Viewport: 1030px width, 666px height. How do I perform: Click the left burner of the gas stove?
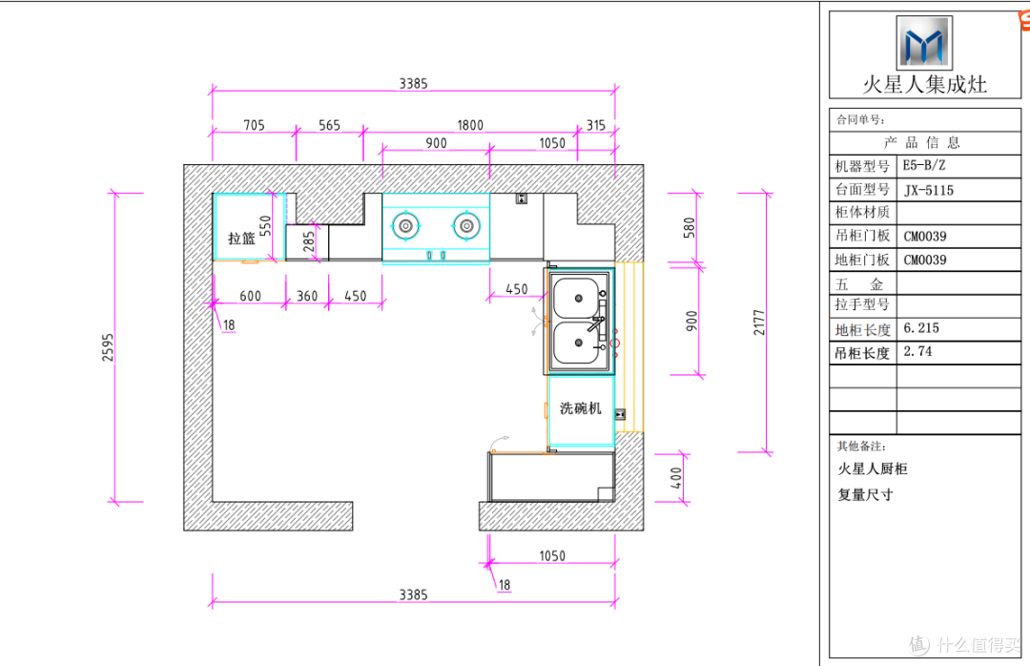coord(406,226)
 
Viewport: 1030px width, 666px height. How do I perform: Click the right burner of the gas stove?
coord(466,226)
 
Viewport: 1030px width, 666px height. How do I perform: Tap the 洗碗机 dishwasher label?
coord(581,408)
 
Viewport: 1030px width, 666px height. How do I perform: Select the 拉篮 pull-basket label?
coord(241,238)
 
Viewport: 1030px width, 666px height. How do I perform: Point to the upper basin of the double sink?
coord(577,299)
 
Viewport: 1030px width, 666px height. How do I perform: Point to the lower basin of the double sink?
coord(577,343)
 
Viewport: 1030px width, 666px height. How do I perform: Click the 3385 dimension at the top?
coord(413,84)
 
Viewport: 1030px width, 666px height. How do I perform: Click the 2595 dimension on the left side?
coord(108,347)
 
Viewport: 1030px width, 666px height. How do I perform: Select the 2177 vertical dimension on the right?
coord(759,323)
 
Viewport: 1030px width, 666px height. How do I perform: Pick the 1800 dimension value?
coord(470,125)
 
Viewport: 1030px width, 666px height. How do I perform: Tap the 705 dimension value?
coord(255,125)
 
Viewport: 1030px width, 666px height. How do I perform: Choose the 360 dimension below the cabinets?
coord(307,296)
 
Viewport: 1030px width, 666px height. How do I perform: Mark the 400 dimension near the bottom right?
coord(676,477)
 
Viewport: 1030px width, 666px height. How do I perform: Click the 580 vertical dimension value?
coord(690,227)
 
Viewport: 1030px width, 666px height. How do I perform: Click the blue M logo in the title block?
coord(924,42)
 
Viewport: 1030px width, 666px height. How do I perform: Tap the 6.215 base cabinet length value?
coord(921,328)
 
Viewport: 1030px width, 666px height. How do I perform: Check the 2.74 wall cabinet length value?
coord(917,351)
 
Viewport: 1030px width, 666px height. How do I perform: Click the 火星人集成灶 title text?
coord(924,84)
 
